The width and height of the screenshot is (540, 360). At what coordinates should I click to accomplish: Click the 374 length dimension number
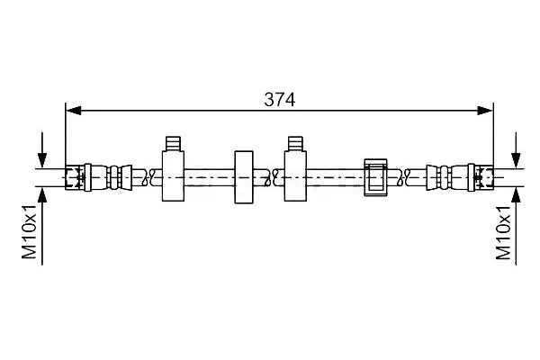point(279,100)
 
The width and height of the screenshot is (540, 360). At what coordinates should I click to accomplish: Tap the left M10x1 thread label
point(30,231)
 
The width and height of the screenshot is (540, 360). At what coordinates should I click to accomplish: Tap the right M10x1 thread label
point(503,232)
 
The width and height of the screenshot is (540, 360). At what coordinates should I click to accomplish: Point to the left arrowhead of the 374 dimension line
point(74,111)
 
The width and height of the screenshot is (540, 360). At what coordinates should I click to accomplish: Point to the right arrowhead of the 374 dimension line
point(485,111)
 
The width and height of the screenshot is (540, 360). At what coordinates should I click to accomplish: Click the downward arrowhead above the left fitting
point(42,160)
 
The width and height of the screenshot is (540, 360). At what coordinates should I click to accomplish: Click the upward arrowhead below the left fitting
point(42,195)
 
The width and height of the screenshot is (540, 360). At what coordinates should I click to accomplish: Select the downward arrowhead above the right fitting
point(516,160)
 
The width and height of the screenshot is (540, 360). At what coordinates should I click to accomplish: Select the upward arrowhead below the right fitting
point(516,195)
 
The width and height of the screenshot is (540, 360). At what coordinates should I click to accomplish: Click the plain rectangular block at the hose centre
point(244,177)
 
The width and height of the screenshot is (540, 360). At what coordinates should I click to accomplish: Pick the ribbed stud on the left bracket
point(173,144)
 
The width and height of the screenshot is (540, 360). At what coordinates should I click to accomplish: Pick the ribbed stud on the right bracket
point(295,144)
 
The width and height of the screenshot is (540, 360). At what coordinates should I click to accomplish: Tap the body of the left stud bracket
point(173,176)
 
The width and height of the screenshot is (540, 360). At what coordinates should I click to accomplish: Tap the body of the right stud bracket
point(295,176)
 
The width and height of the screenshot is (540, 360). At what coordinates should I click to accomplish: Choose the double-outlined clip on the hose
point(375,177)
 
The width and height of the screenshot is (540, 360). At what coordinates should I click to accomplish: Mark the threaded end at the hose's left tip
point(75,178)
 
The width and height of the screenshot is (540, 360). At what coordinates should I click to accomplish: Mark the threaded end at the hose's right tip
point(484,178)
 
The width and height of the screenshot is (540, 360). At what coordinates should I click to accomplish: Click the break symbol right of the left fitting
point(151,178)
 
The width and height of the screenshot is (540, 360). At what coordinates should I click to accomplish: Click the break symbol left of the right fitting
point(406,178)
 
